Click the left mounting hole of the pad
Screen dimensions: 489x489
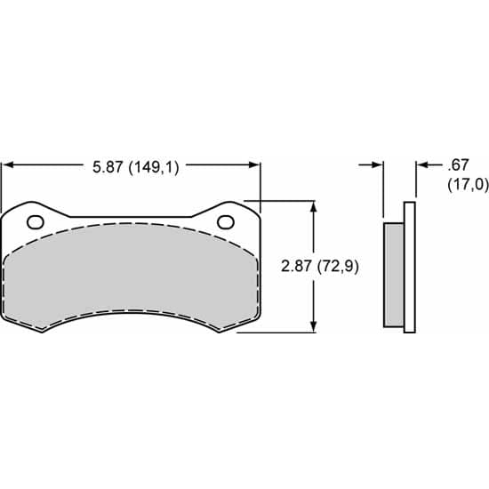(x=36, y=221)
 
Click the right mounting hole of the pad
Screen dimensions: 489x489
(x=225, y=221)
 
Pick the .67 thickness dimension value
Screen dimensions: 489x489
(x=459, y=164)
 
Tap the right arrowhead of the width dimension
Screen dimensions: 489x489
(x=255, y=164)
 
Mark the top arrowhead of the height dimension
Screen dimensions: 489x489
(x=313, y=205)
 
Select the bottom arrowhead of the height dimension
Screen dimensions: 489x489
(x=313, y=328)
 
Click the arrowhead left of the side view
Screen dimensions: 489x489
(x=378, y=164)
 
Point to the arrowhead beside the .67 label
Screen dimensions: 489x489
(x=421, y=164)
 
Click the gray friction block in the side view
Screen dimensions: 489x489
(x=393, y=274)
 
